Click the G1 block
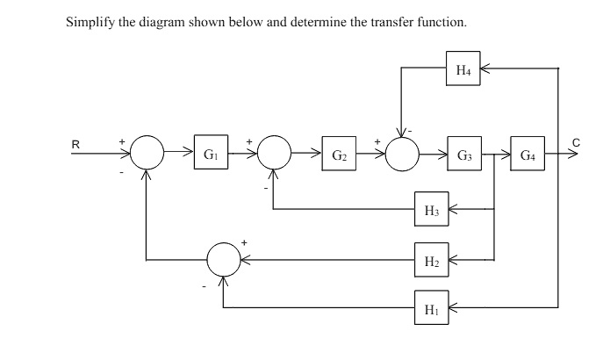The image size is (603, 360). coord(211,155)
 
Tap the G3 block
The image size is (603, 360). coord(464,155)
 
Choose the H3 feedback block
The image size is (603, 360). coord(432,210)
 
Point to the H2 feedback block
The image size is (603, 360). coord(432,260)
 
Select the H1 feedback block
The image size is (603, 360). coord(432,308)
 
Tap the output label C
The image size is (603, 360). coord(576,142)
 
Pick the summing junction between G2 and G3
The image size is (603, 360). coord(401,155)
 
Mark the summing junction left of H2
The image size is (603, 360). coord(223,260)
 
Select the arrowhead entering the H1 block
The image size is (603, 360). coord(454,308)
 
